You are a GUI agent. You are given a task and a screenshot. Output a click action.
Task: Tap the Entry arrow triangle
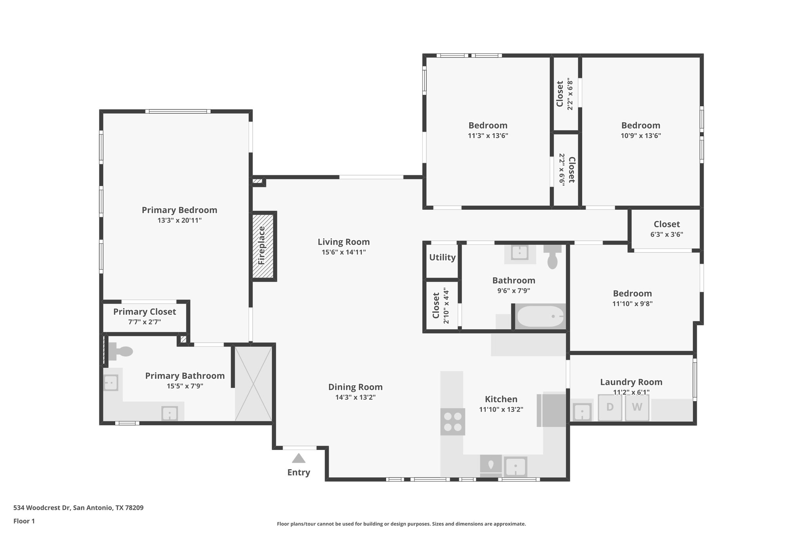click(x=298, y=458)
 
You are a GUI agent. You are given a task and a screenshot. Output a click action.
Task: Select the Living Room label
click(x=343, y=242)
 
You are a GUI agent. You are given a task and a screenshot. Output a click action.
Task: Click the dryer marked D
click(x=610, y=407)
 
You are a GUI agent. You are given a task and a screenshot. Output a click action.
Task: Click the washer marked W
click(x=637, y=407)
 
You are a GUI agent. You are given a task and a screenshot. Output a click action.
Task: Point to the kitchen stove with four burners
click(x=452, y=422)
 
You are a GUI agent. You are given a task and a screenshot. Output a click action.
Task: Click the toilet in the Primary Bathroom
click(x=120, y=351)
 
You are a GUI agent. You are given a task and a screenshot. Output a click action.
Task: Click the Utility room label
click(x=442, y=258)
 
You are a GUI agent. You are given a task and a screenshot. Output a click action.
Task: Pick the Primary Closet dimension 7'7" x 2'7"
click(x=144, y=322)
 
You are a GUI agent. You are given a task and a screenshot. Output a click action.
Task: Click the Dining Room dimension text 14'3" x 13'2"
click(x=355, y=397)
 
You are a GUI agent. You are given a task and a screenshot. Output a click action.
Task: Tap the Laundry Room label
click(x=631, y=382)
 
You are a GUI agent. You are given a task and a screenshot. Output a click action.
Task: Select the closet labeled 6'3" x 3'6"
click(x=667, y=229)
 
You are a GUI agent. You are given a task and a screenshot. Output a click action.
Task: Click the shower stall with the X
click(x=253, y=383)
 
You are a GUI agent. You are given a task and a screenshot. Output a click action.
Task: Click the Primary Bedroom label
click(x=179, y=210)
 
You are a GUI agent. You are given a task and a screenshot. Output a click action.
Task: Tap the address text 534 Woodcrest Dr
click(x=78, y=508)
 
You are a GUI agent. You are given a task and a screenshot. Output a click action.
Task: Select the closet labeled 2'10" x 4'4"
click(x=440, y=306)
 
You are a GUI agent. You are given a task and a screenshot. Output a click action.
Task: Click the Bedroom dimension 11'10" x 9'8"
click(x=632, y=303)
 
